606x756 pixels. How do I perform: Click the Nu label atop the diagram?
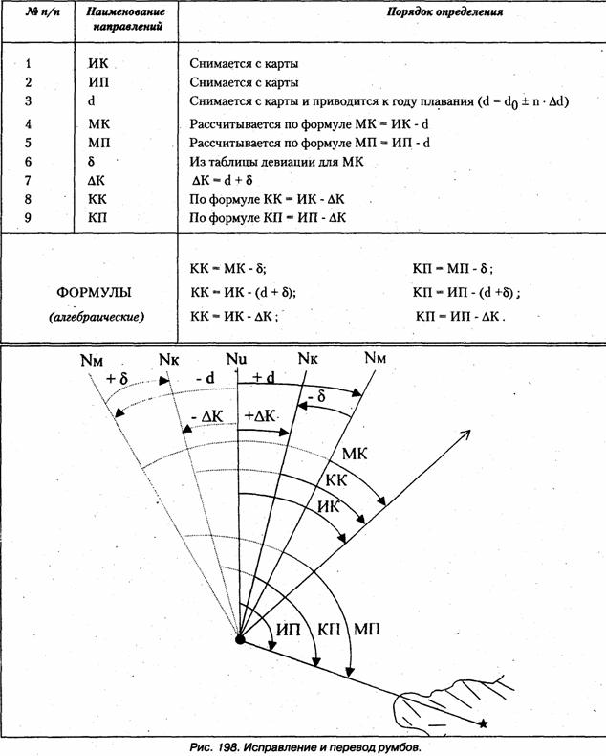click(x=237, y=360)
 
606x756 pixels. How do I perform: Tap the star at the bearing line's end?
click(x=485, y=723)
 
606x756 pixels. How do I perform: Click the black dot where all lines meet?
click(x=240, y=638)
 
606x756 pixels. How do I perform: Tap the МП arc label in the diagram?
click(x=369, y=629)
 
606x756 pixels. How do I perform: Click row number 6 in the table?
click(x=29, y=161)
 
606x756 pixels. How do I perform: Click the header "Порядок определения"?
click(x=444, y=13)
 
